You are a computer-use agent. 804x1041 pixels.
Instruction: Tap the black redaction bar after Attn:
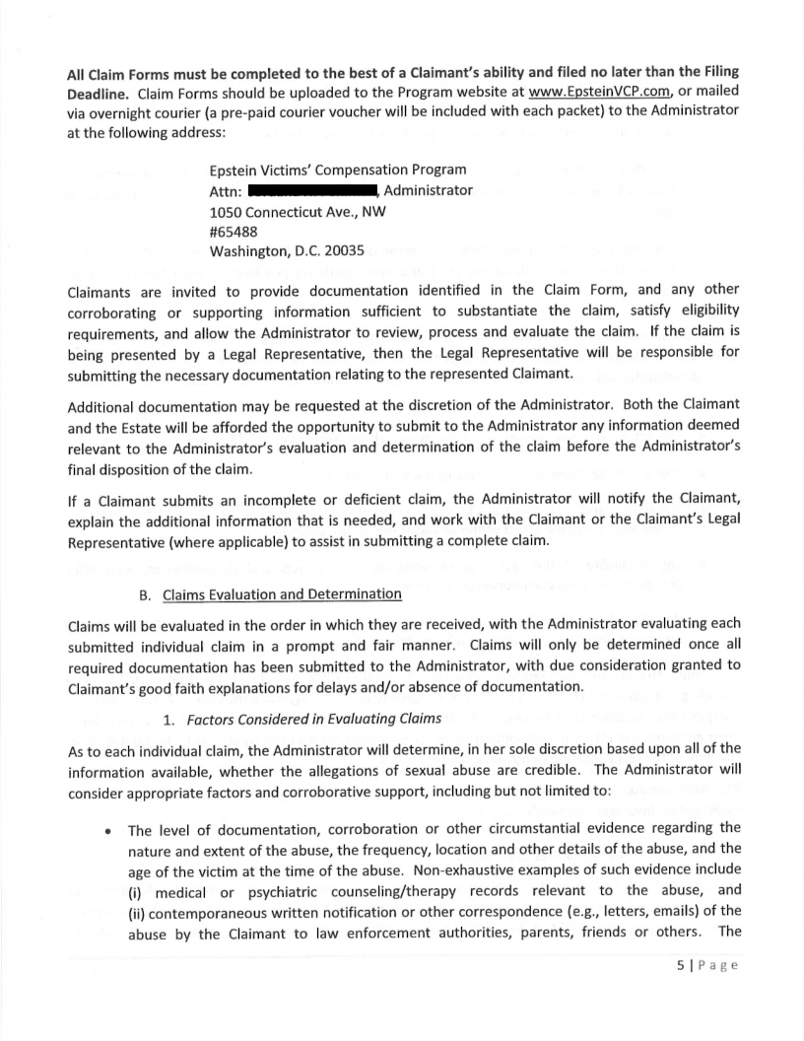(x=313, y=190)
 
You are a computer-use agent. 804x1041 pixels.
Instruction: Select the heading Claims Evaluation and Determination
(x=282, y=593)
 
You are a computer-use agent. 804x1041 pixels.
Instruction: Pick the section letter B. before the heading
(x=149, y=593)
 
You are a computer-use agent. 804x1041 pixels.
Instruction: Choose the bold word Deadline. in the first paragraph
(x=98, y=93)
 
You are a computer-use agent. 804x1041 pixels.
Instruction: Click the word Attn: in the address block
(x=227, y=190)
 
